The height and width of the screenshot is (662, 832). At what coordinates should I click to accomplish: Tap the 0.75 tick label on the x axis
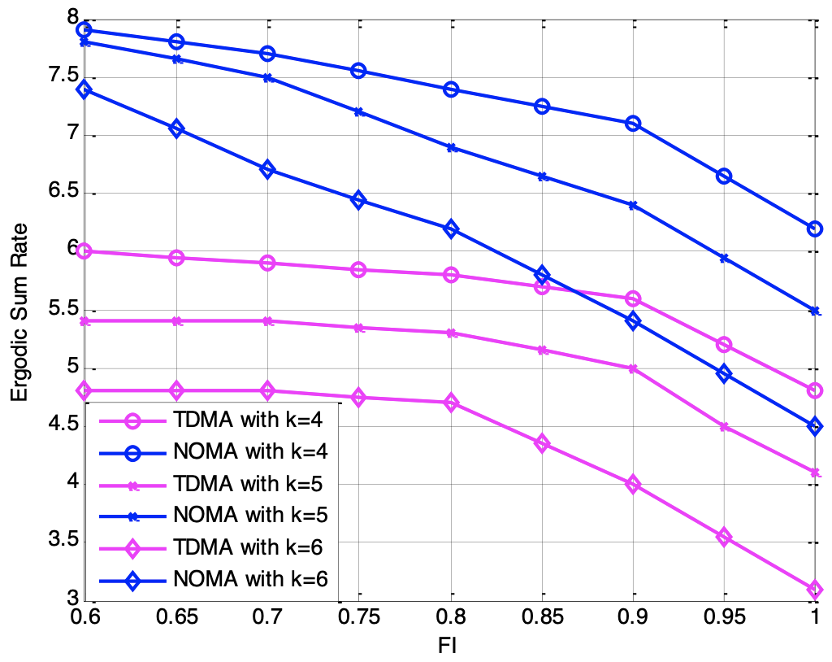point(358,619)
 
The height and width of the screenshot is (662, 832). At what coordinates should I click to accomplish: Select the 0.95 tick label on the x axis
point(723,619)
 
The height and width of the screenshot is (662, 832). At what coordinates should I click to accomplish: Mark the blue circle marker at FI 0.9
point(632,124)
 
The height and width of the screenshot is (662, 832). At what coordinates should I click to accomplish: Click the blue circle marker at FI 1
point(815,229)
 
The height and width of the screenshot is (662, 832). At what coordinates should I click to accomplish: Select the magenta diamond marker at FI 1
point(815,589)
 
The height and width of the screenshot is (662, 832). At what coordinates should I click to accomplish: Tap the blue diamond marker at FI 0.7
point(267,170)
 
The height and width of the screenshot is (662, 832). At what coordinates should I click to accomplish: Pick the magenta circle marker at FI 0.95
point(724,345)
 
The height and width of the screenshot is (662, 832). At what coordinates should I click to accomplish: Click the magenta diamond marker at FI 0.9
point(632,485)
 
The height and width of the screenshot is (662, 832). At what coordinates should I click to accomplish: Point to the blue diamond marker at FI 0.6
point(84,89)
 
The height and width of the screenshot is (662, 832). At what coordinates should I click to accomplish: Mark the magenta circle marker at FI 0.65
point(176,258)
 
